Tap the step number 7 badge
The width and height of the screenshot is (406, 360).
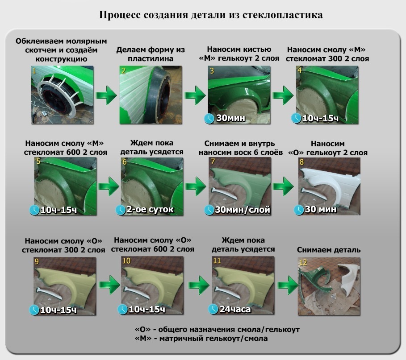pos(213,161)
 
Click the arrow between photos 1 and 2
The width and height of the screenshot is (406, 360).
pos(106,95)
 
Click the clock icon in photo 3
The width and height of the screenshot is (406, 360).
pos(210,118)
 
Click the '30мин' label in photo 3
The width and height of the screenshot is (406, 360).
pos(230,119)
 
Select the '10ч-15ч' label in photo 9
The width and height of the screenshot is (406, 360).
pos(58,310)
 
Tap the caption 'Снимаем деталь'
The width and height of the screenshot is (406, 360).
pos(328,250)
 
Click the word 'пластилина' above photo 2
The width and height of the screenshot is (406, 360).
pos(150,58)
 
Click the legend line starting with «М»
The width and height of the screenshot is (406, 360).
pos(201,339)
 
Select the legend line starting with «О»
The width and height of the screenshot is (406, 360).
pos(217,329)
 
